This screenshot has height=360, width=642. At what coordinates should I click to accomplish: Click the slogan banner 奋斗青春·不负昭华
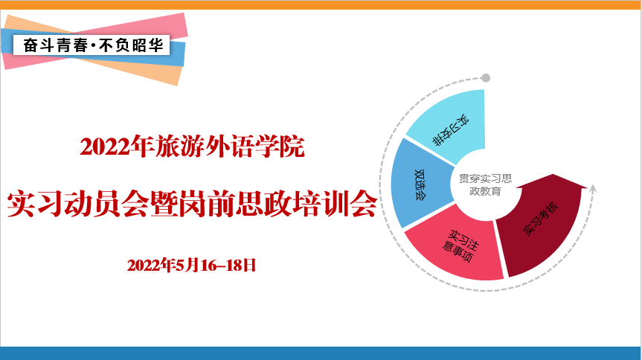[x=92, y=45]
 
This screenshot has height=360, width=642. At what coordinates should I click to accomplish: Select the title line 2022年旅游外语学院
[x=192, y=147]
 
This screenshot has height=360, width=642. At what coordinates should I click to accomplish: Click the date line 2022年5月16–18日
[x=191, y=266]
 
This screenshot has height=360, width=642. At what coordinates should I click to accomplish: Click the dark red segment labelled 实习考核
[x=541, y=225]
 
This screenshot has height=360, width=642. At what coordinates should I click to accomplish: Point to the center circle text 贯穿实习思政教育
[x=485, y=184]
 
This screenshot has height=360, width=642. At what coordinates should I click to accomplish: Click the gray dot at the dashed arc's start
[x=486, y=78]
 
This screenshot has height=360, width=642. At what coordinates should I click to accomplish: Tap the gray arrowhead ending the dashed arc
[x=593, y=189]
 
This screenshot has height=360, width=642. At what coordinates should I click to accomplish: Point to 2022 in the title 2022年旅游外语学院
[x=105, y=147]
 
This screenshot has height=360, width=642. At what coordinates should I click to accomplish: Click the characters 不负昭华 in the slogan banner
[x=132, y=45]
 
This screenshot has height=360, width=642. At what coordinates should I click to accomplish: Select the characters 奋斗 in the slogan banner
[x=39, y=45]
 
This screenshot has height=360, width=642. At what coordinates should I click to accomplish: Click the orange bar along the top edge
[x=321, y=5]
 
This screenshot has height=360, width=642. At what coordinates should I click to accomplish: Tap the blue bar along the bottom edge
[x=321, y=353]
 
